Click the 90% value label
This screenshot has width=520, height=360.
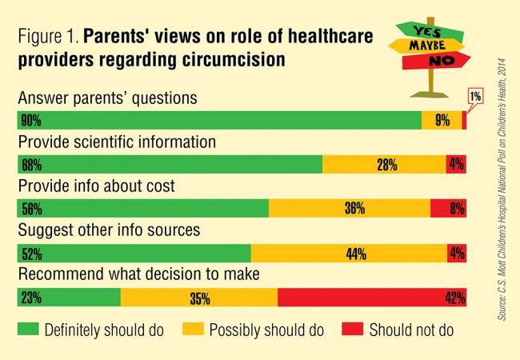(32, 121)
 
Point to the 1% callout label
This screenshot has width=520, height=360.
(474, 97)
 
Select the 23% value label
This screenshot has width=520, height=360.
(32, 299)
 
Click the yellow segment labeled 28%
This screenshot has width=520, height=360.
(384, 166)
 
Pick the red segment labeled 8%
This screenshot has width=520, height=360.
(449, 210)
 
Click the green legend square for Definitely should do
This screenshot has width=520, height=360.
(29, 330)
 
